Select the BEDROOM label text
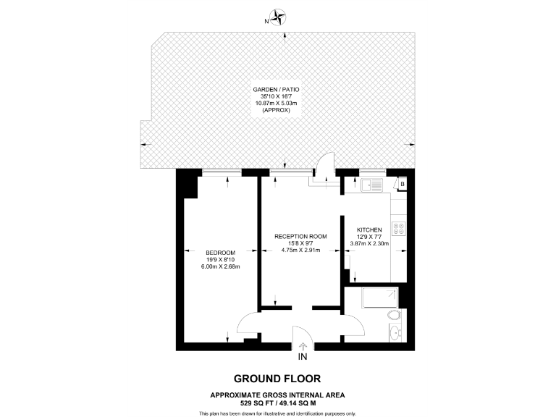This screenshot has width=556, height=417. point(220,252)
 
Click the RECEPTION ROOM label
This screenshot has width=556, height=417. point(300,236)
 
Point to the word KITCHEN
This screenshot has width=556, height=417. point(369,229)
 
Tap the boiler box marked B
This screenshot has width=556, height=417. point(402,185)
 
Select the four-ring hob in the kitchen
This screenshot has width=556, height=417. point(398,229)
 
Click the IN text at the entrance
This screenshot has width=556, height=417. point(302,357)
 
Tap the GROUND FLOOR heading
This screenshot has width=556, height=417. point(277,379)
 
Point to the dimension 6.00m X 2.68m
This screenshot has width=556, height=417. point(220,266)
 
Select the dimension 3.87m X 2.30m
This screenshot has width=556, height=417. point(369,244)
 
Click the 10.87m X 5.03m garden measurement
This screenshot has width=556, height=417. point(277,104)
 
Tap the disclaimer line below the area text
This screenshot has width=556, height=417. point(277,413)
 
